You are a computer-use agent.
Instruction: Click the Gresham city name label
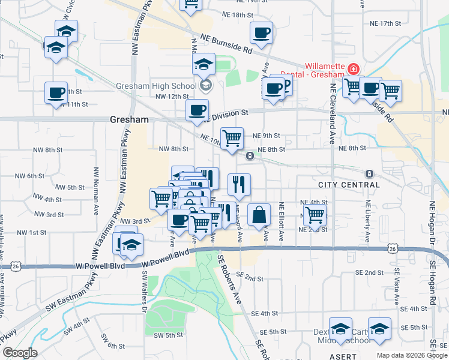(129, 119)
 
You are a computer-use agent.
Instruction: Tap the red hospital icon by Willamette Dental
(354, 69)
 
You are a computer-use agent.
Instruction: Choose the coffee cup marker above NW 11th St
(56, 92)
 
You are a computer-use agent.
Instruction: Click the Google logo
(19, 353)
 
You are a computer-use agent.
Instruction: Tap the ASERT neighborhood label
(343, 356)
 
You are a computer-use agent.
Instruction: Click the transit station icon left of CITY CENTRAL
(249, 157)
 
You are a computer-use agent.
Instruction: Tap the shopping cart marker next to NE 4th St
(314, 214)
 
